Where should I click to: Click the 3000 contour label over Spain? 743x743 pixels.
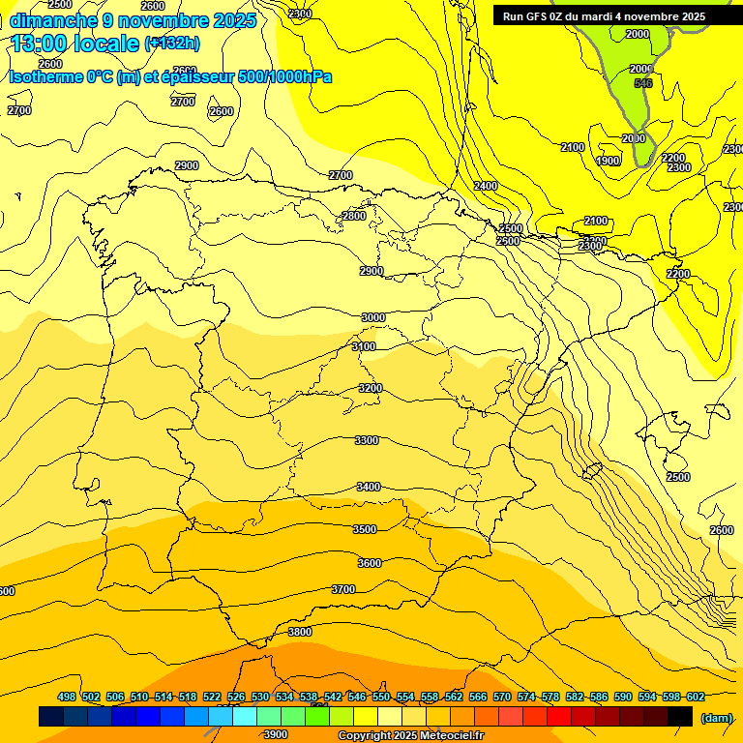coord(372,317)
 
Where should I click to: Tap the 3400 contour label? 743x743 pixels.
coord(369,487)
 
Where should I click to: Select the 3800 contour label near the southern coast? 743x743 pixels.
coord(300,632)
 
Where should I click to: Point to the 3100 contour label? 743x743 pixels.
coord(364,346)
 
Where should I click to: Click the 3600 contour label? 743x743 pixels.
coord(370,563)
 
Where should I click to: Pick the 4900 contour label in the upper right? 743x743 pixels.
coord(608,161)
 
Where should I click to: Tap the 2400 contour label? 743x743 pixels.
coord(486,186)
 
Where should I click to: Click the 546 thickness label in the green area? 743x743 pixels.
coord(643,83)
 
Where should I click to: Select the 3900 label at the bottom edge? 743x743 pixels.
coord(275,734)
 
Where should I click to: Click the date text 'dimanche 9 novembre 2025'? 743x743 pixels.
coord(133,19)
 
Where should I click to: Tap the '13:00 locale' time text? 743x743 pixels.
coord(74,44)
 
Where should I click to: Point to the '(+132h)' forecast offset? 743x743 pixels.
coord(172,44)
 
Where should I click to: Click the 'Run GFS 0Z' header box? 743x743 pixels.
coord(604,16)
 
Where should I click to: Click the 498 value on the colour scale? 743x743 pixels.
coord(67,697)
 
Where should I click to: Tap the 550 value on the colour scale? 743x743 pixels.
coord(380,697)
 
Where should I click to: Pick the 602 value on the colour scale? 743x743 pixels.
coord(695,697)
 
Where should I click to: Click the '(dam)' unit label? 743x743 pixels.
coord(716,717)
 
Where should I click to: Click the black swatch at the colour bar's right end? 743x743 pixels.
coord(680,716)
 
